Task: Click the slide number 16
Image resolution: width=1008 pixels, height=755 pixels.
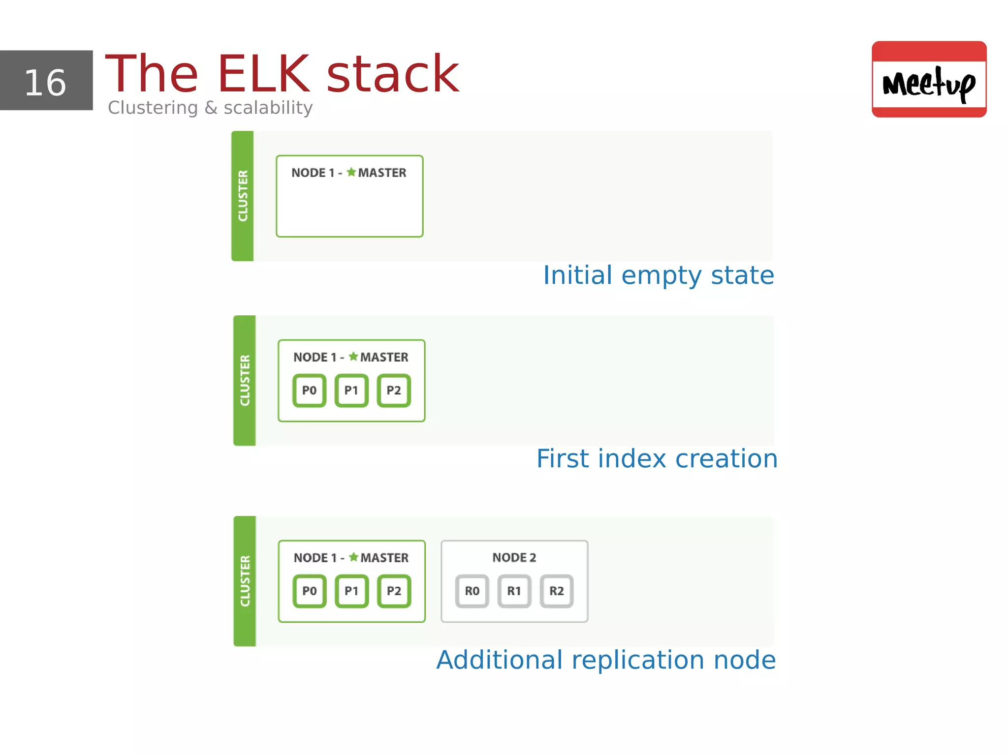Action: [45, 82]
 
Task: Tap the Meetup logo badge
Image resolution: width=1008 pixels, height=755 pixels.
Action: [929, 79]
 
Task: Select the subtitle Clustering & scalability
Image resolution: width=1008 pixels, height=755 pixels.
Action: [210, 107]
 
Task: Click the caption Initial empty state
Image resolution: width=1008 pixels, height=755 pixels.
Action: [658, 275]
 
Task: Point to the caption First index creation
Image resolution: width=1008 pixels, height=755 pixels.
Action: [657, 458]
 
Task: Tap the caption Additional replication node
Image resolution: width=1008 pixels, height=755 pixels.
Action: [606, 660]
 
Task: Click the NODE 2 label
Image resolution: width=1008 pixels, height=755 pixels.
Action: [514, 557]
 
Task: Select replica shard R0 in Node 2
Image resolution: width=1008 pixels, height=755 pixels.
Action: [472, 591]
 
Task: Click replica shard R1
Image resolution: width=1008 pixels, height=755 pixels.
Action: [514, 591]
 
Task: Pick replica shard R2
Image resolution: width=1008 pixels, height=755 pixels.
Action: [557, 591]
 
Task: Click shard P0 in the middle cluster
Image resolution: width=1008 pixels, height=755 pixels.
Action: [309, 391]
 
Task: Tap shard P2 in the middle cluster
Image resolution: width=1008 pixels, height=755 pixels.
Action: [394, 391]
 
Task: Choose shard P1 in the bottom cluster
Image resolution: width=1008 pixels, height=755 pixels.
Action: [351, 591]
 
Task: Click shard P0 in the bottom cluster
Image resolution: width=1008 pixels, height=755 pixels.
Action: [310, 591]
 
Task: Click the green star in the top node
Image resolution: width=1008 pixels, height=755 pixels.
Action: [351, 172]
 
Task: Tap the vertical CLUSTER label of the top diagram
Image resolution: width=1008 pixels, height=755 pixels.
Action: [243, 196]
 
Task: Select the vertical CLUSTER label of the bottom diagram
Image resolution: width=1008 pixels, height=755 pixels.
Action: [245, 581]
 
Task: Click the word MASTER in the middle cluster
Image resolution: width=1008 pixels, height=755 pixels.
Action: [384, 357]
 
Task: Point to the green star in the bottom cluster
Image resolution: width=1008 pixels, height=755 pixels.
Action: [354, 557]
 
